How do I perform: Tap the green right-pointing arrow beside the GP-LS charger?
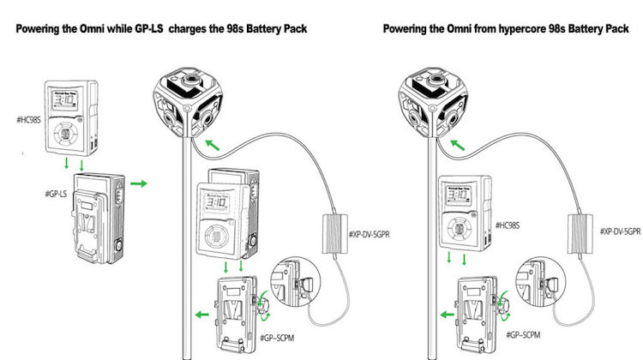[139, 183]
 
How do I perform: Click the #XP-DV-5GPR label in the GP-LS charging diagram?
[370, 231]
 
